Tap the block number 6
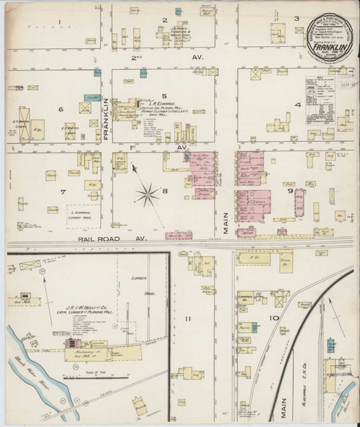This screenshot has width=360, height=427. (x=61, y=109)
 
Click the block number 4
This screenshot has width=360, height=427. (x=296, y=105)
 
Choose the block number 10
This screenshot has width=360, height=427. (x=274, y=318)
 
